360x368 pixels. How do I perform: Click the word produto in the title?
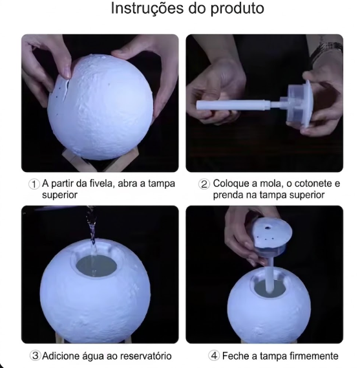[237, 9]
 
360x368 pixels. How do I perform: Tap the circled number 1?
[34, 184]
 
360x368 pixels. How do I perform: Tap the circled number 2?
[204, 184]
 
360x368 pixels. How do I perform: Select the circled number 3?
[35, 356]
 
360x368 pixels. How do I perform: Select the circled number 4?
[214, 356]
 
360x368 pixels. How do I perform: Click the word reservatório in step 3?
[145, 356]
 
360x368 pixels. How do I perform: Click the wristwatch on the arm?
[327, 50]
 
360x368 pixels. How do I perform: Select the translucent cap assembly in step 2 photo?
[299, 103]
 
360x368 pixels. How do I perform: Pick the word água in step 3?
[94, 356]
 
